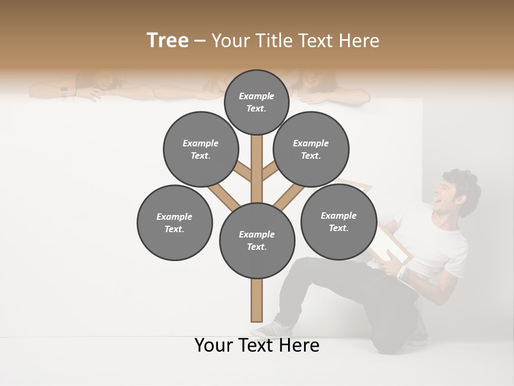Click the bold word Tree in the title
(x=168, y=40)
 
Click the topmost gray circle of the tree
(x=256, y=102)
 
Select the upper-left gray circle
(x=201, y=149)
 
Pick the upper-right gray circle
(x=311, y=149)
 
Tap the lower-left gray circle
(x=175, y=222)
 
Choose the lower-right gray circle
(x=338, y=221)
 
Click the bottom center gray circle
(x=257, y=241)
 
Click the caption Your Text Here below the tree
(x=257, y=345)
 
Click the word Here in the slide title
(x=360, y=41)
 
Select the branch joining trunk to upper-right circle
(x=270, y=172)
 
